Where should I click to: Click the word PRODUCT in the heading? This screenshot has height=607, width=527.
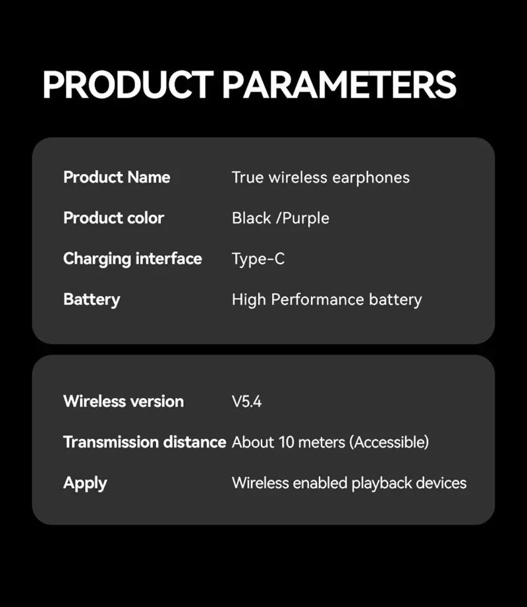click(x=127, y=85)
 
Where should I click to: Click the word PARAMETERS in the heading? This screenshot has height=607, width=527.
click(x=339, y=85)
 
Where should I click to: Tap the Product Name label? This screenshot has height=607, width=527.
click(x=117, y=177)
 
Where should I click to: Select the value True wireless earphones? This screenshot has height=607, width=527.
click(x=320, y=177)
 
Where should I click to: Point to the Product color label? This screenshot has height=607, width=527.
click(x=113, y=218)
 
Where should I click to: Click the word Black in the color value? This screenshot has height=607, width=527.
click(x=252, y=218)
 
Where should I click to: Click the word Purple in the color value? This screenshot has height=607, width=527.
click(x=305, y=219)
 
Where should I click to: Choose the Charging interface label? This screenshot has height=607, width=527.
click(x=132, y=259)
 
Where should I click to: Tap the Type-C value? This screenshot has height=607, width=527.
click(x=258, y=259)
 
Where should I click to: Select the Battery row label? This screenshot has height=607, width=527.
click(x=92, y=300)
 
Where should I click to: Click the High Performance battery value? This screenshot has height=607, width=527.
click(x=326, y=300)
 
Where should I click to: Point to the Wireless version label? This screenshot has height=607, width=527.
click(x=123, y=401)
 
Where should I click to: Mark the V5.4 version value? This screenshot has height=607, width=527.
click(x=246, y=401)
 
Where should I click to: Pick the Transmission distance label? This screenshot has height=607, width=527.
click(x=144, y=442)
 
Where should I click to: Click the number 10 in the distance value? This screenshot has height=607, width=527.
click(x=287, y=442)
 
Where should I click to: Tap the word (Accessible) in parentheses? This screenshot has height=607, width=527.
click(x=389, y=442)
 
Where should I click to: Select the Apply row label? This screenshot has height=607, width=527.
click(x=85, y=483)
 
